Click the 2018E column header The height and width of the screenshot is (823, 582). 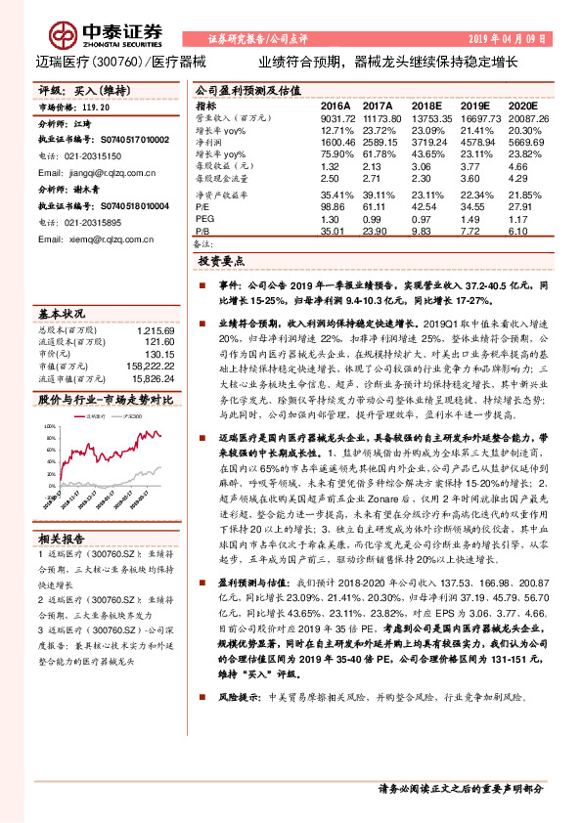click(x=426, y=105)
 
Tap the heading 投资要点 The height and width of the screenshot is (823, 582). click(x=220, y=263)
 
